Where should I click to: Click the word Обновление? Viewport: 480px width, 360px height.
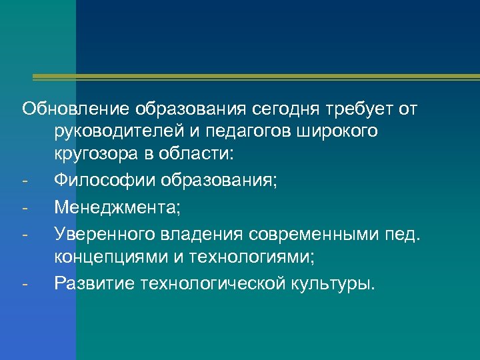click(x=77, y=108)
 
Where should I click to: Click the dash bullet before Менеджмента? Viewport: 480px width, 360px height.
click(x=25, y=205)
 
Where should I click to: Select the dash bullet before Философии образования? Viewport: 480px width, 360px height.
click(x=25, y=181)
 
